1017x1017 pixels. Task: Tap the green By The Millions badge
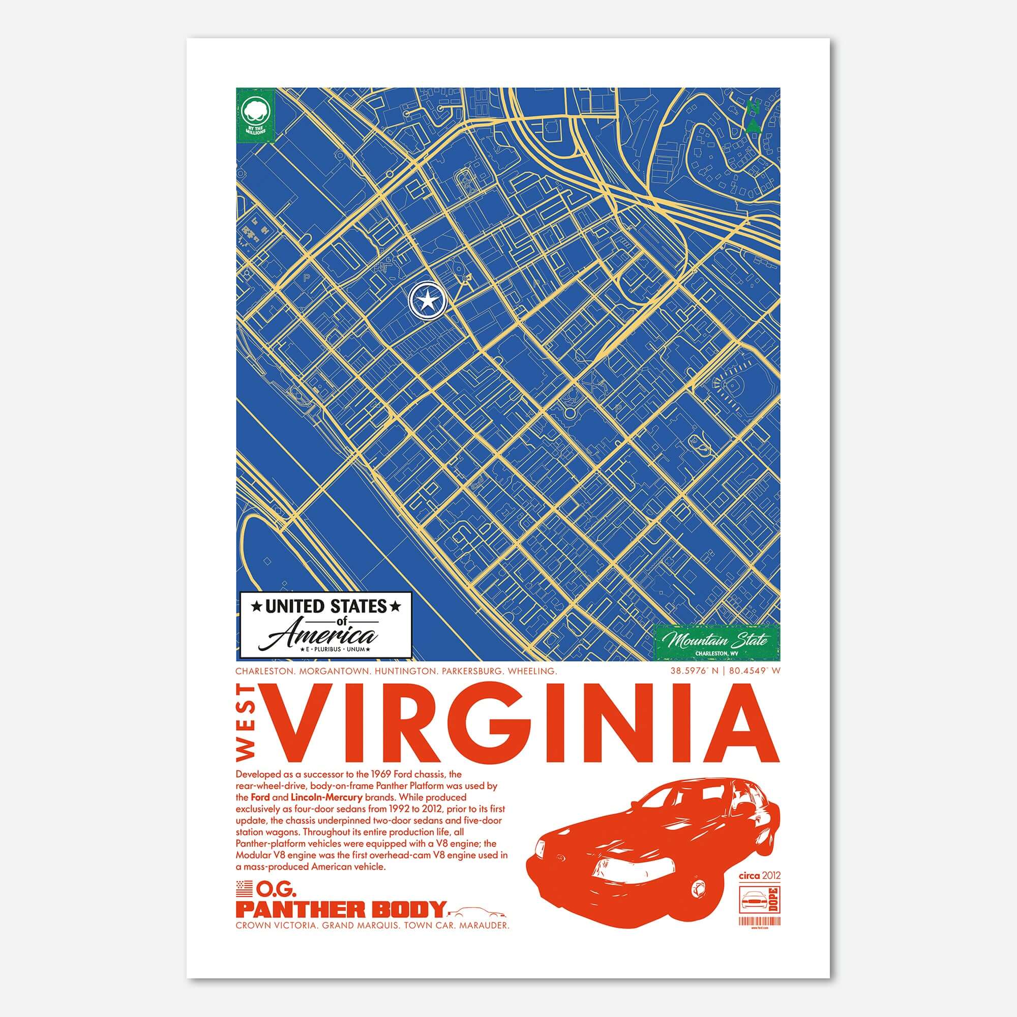[x=256, y=115]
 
